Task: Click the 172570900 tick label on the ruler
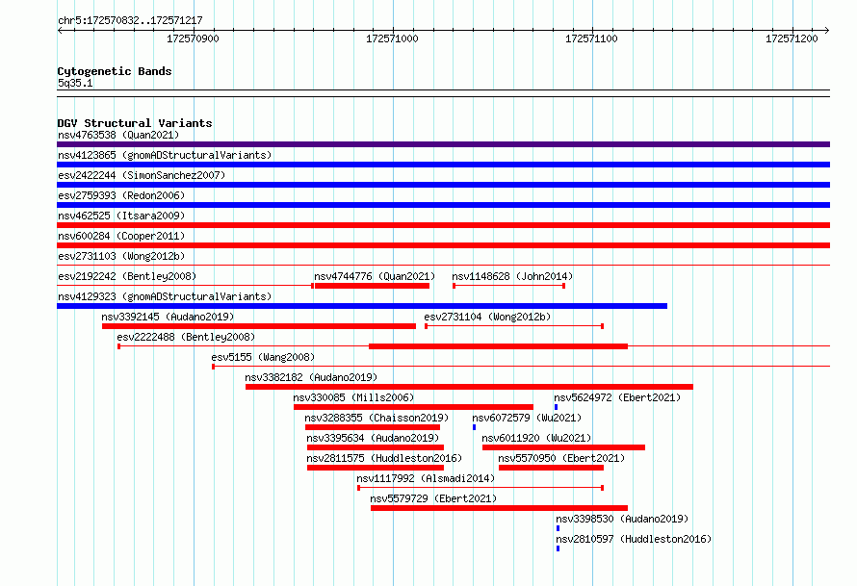tap(193, 38)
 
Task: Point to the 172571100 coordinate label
tap(591, 38)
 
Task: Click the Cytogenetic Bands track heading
tap(115, 71)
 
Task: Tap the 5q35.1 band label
tap(75, 83)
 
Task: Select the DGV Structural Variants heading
tap(135, 123)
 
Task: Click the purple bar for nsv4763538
tap(443, 144)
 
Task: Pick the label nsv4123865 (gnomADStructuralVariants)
tap(165, 155)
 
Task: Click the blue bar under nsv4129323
tap(362, 306)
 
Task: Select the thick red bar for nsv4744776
tap(372, 286)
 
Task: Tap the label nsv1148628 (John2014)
tap(512, 276)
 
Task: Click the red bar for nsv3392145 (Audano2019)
tap(258, 326)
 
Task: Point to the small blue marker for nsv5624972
tap(556, 407)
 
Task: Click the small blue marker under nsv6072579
tap(474, 427)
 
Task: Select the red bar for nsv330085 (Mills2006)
tap(413, 407)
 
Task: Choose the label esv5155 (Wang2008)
tap(263, 357)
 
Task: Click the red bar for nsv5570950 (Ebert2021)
tap(551, 468)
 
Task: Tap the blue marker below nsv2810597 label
tap(558, 548)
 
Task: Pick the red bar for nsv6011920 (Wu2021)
tap(563, 447)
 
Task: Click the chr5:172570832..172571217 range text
tap(130, 20)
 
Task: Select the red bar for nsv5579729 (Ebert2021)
tap(499, 508)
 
